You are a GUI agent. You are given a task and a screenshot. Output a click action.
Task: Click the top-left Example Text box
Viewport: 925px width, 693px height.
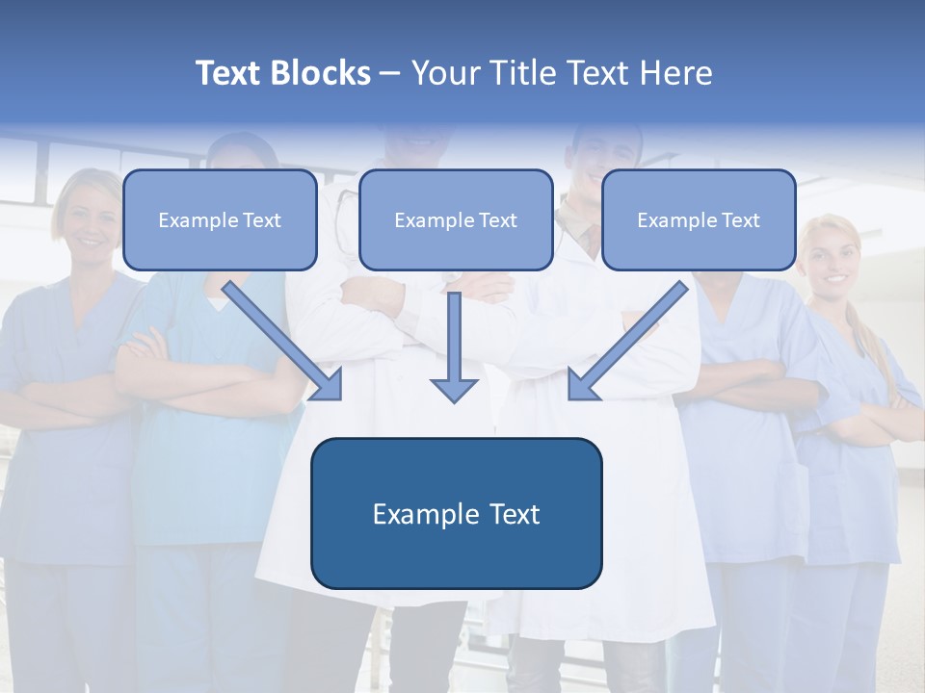220,219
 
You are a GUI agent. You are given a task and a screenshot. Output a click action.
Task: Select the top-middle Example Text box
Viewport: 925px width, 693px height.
456,219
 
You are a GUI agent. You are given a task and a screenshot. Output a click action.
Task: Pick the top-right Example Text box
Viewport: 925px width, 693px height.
699,219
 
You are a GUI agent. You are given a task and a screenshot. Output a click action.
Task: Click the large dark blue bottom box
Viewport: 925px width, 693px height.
456,513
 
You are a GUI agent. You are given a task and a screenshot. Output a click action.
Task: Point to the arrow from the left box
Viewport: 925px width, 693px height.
279,337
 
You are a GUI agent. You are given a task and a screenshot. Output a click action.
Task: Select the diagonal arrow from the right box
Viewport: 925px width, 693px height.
631,337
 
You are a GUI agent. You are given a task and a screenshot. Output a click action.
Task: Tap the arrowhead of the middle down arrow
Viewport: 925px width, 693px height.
454,389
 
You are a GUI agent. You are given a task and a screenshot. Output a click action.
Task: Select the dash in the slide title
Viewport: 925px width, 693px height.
391,73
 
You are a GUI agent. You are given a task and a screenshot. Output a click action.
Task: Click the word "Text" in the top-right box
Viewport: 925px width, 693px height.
739,220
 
